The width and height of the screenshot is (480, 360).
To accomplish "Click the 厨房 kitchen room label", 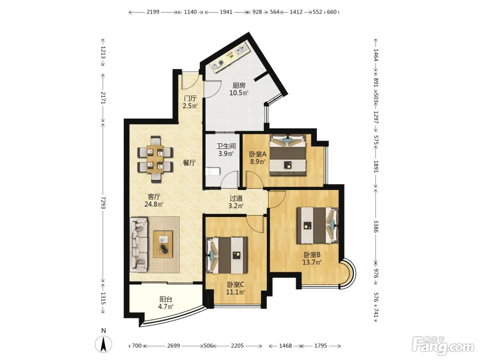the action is (x=239, y=85).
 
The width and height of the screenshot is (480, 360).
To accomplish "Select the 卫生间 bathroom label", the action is (x=226, y=146).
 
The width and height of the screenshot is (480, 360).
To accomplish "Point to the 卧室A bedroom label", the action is (x=258, y=154).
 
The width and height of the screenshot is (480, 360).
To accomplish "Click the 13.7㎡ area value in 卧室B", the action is (x=312, y=262).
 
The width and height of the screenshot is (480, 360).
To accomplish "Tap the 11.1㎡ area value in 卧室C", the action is (x=235, y=292).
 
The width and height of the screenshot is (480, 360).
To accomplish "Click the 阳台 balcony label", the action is (x=166, y=299).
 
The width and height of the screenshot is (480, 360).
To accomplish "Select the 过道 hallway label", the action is (x=236, y=198).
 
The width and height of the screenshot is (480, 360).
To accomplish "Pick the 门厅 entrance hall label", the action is (x=190, y=98).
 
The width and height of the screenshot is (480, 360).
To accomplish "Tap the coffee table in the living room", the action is (x=163, y=244).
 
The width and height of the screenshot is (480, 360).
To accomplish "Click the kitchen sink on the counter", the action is (x=241, y=50).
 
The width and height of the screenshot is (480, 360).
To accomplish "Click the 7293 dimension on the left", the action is (x=103, y=203).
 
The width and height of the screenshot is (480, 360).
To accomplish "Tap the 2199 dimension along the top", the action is (x=153, y=12).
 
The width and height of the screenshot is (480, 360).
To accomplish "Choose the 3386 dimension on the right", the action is (x=375, y=226).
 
